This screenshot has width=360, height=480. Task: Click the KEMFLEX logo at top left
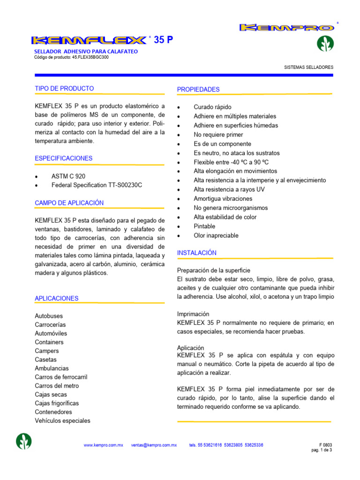89,41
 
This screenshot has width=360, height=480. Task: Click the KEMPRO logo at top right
287,28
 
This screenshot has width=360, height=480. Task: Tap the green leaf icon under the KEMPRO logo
325,44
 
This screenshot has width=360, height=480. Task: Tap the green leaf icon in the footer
24,442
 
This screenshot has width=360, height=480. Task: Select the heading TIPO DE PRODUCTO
64,88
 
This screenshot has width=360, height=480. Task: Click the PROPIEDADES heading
198,89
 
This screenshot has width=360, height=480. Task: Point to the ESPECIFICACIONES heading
64,158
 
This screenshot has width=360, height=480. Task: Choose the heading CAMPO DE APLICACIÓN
69,202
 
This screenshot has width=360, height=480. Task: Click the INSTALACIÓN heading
197,253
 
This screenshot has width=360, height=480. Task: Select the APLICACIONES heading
57,298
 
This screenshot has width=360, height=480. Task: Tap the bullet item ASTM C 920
68,176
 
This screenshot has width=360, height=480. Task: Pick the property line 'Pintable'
204,226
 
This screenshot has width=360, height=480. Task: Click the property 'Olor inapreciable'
216,235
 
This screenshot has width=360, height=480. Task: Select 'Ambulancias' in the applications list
52,368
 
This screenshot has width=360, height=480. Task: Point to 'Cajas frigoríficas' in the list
57,403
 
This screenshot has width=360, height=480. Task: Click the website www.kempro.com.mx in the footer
103,445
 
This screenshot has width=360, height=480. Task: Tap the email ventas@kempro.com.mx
154,445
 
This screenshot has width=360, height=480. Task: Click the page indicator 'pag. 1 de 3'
322,450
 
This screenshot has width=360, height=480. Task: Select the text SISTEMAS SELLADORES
309,67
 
